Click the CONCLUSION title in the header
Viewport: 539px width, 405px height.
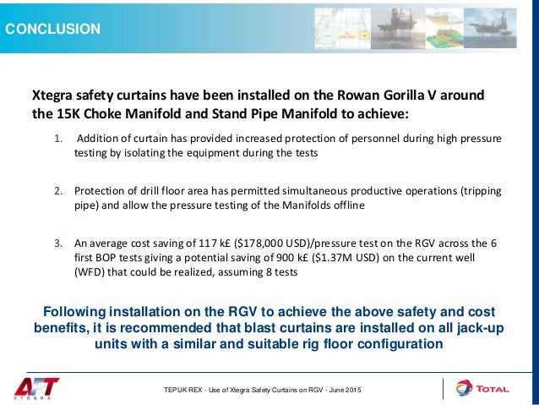pos(53,30)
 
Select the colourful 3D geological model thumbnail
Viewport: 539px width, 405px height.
pos(453,27)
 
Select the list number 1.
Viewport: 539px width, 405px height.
pos(57,138)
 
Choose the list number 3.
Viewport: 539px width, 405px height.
pos(57,242)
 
